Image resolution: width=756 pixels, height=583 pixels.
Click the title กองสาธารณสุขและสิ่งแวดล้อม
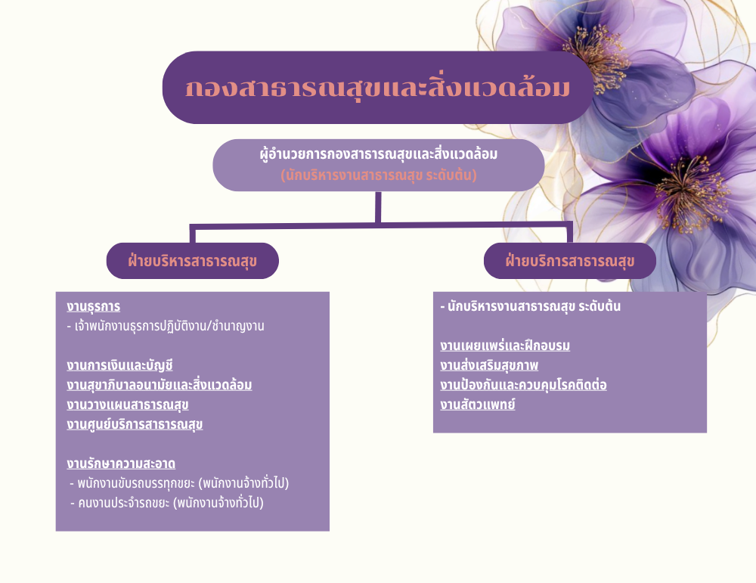pyautogui.click(x=377, y=87)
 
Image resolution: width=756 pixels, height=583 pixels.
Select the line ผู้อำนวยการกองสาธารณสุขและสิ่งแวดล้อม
pyautogui.click(x=379, y=154)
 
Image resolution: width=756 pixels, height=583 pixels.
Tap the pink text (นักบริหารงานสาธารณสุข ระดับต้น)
pyautogui.click(x=379, y=175)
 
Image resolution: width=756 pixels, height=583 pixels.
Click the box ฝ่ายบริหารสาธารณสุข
pyautogui.click(x=192, y=261)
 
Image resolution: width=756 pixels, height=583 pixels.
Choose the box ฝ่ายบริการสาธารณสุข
pyautogui.click(x=569, y=261)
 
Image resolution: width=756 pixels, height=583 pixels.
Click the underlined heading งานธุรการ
pyautogui.click(x=94, y=306)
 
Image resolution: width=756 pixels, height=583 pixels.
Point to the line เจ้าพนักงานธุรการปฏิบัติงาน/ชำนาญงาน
pyautogui.click(x=166, y=326)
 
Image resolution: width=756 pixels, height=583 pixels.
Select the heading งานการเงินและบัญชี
pyautogui.click(x=119, y=365)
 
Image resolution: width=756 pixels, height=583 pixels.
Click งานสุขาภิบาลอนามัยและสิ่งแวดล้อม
pyautogui.click(x=159, y=385)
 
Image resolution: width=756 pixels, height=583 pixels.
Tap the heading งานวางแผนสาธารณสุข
pyautogui.click(x=127, y=405)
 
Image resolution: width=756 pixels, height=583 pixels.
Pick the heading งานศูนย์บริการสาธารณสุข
pyautogui.click(x=135, y=424)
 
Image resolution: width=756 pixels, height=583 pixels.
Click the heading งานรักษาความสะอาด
pyautogui.click(x=121, y=464)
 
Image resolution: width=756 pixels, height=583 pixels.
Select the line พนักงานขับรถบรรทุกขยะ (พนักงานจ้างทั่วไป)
pyautogui.click(x=179, y=483)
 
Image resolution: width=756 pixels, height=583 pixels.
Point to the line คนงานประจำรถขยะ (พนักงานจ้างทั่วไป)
pyautogui.click(x=167, y=503)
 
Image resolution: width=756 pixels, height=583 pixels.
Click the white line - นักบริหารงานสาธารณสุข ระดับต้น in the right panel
pyautogui.click(x=531, y=306)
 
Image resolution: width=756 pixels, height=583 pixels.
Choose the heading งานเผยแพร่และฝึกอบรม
pyautogui.click(x=505, y=346)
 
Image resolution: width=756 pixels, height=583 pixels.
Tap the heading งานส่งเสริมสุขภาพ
pyautogui.click(x=489, y=365)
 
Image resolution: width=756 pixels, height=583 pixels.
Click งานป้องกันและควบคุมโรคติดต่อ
pyautogui.click(x=523, y=385)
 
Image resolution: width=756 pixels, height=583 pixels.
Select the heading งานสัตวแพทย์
pyautogui.click(x=477, y=405)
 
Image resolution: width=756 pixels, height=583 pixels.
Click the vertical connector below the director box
pyautogui.click(x=378, y=207)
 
